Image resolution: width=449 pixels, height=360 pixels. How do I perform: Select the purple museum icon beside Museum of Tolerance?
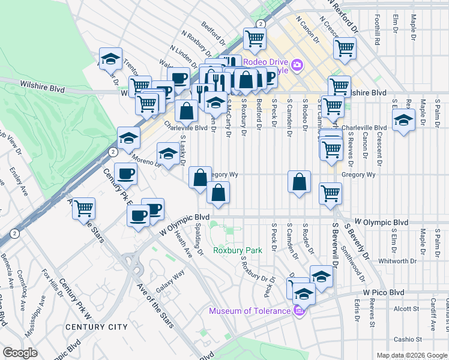298,310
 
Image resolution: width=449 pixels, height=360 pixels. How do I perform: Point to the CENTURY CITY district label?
96,327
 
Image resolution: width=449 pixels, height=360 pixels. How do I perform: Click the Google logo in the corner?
20,353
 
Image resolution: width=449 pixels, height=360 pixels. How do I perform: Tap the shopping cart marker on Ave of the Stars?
84,209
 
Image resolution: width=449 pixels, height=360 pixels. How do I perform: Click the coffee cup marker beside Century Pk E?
125,175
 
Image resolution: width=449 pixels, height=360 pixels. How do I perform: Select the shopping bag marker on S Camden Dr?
299,182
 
